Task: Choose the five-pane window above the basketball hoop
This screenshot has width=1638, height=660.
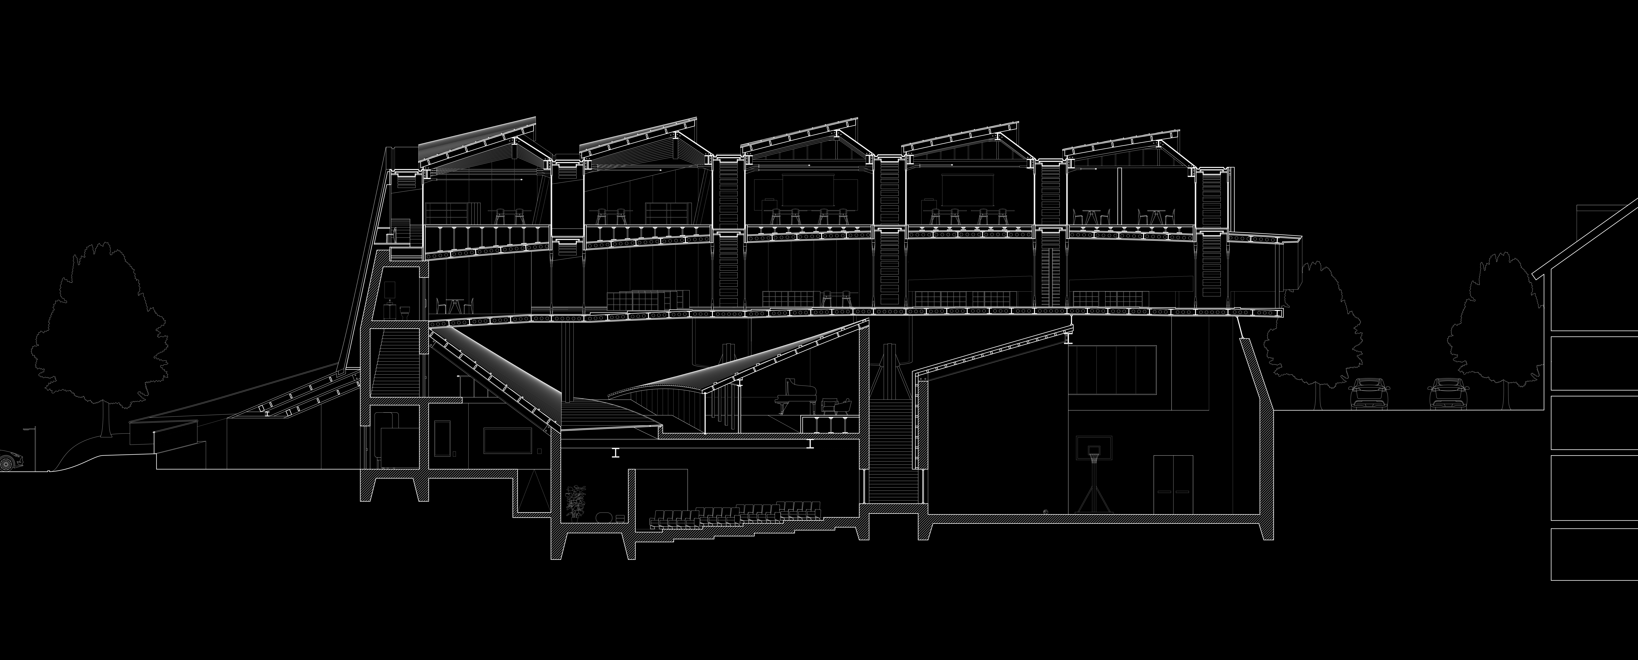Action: point(1111,369)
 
